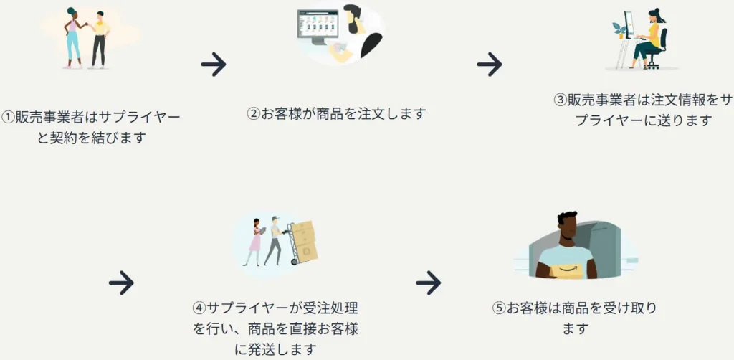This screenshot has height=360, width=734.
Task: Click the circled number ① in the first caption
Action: tap(8, 117)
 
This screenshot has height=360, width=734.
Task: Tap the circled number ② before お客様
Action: tap(253, 113)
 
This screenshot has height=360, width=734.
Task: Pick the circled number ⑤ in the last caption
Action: tap(499, 308)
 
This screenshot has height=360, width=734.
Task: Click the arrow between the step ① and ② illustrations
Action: tap(214, 65)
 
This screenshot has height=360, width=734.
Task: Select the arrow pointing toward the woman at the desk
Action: tap(490, 65)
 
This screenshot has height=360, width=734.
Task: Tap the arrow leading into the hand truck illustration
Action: tap(121, 283)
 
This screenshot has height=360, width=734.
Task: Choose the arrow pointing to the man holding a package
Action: tap(428, 283)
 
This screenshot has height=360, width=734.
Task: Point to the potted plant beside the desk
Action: tap(619, 29)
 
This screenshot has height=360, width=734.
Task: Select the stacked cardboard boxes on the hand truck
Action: tap(304, 240)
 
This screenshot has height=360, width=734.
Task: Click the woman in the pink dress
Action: tap(255, 239)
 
